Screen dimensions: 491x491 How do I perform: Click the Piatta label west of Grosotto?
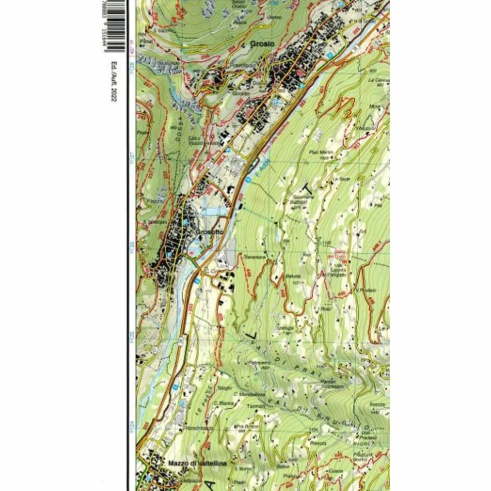point(151,200)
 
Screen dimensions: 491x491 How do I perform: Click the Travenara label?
point(253,256)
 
